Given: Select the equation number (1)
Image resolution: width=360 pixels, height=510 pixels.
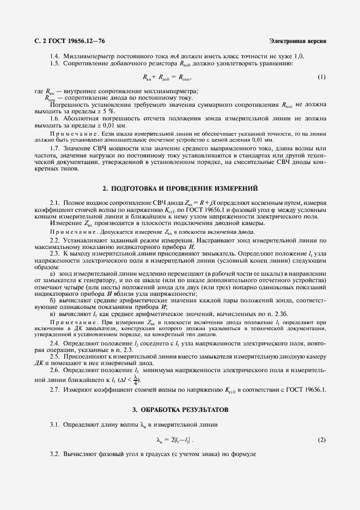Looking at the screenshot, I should [x=321, y=77].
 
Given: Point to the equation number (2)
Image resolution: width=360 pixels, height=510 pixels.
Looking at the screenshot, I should [x=321, y=439].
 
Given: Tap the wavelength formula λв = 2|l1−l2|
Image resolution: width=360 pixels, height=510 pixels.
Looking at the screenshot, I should [x=174, y=440].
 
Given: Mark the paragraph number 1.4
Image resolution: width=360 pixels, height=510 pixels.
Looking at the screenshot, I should [x=54, y=56].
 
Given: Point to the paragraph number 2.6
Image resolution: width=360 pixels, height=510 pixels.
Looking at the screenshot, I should [x=54, y=369].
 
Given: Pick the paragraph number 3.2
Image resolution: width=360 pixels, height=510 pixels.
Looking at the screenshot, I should [x=54, y=454].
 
